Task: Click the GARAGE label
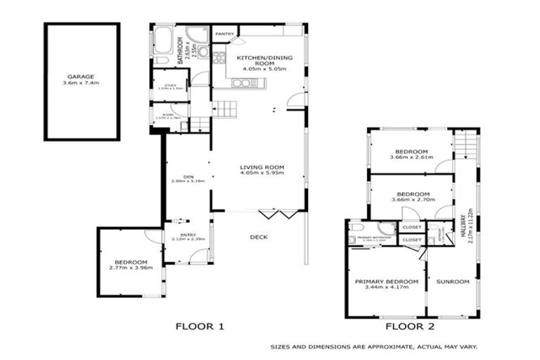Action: (x=81, y=77)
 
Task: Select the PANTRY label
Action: (x=225, y=33)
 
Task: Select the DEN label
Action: (x=188, y=176)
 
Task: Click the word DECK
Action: (x=258, y=237)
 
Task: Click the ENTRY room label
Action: (x=188, y=235)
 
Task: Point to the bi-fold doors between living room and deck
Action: (x=273, y=212)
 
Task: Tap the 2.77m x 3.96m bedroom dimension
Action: (x=131, y=268)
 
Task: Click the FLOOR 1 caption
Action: (x=200, y=326)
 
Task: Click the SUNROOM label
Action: (x=452, y=281)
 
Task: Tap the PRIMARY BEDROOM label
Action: (x=382, y=281)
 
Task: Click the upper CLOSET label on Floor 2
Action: (x=411, y=228)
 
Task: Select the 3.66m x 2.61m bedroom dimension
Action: (x=411, y=158)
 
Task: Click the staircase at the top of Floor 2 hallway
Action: (x=464, y=145)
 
